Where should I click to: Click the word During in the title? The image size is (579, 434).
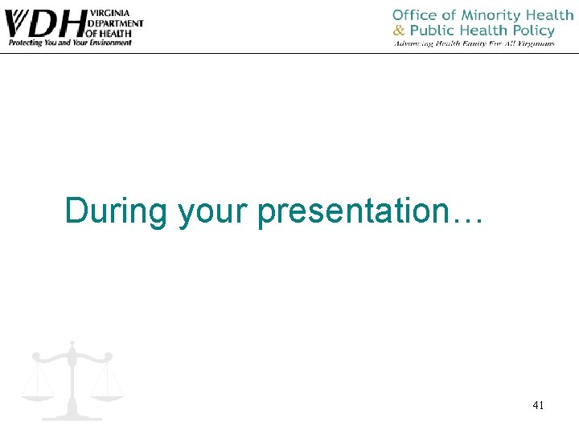(x=117, y=211)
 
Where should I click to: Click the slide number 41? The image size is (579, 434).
(x=538, y=406)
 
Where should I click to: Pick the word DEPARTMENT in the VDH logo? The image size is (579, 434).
(x=117, y=24)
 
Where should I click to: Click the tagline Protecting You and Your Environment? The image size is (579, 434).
(x=70, y=43)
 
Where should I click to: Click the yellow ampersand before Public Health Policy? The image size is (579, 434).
(x=400, y=31)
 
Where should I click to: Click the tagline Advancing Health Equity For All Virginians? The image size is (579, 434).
(x=474, y=43)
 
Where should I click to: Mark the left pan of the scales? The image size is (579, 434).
(x=37, y=394)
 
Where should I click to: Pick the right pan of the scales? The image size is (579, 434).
(x=107, y=394)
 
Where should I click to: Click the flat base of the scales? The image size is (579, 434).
(x=72, y=416)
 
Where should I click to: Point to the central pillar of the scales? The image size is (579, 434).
(x=72, y=382)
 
